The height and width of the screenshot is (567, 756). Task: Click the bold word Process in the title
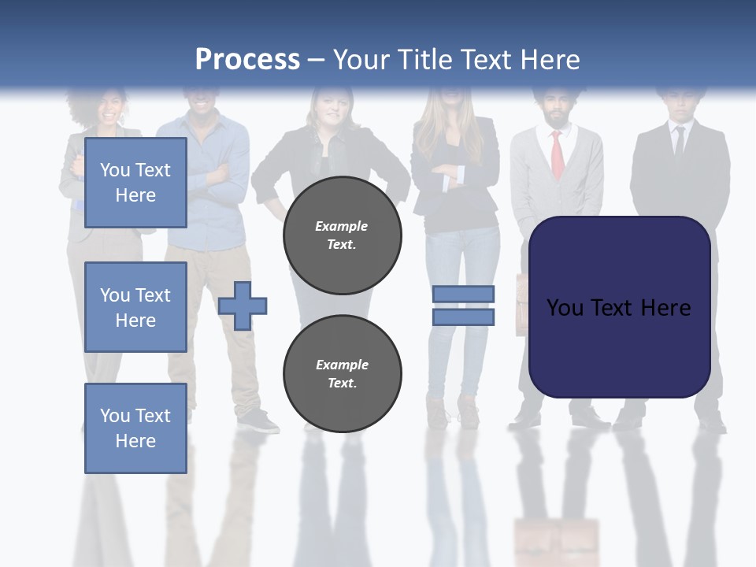pos(247,59)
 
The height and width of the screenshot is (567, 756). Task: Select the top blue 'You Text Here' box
pos(135,183)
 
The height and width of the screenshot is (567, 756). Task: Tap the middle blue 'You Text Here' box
pos(135,307)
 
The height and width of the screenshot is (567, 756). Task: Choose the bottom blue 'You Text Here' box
pos(135,428)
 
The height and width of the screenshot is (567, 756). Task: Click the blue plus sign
pos(243,306)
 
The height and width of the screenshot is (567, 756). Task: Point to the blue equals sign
pos(463,306)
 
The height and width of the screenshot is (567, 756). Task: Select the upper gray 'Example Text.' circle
pos(342,235)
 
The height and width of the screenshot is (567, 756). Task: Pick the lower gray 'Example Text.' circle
pos(342,373)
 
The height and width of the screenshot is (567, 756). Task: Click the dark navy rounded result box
pos(619,307)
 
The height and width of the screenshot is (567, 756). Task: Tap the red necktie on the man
pos(557,154)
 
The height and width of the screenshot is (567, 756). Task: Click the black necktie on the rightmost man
pos(679,142)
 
